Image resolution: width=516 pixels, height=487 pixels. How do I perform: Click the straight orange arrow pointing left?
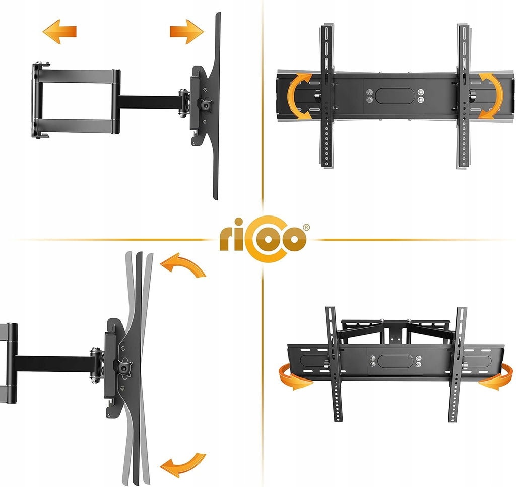pos(59,32)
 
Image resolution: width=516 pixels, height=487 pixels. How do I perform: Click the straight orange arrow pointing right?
pos(186,32)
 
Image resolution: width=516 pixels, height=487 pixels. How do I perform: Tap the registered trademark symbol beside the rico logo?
pos(306,228)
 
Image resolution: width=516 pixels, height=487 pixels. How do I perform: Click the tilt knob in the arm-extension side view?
pos(205,105)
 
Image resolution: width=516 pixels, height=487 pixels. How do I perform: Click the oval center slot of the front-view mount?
pos(395,96)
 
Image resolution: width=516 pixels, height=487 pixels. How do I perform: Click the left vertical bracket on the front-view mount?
pos(327,95)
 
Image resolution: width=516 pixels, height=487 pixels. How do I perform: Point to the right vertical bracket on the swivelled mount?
pos(458,364)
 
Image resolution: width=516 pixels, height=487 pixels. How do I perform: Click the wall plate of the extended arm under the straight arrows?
pos(37,100)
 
